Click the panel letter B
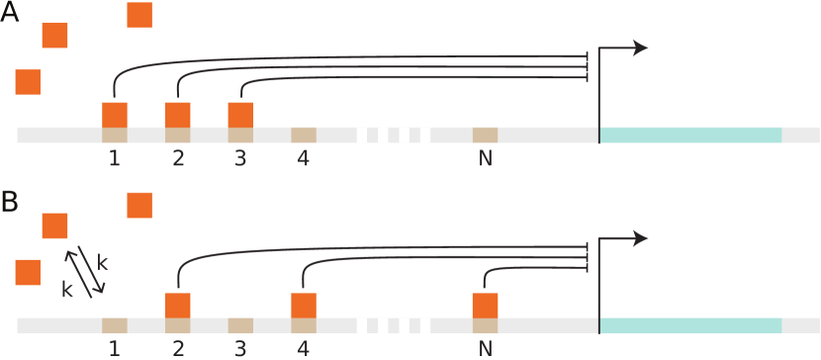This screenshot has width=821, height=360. [11, 203]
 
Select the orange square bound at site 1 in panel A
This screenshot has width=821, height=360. [115, 114]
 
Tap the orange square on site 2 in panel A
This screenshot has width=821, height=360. [178, 114]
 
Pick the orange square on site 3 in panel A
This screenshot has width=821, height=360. [240, 114]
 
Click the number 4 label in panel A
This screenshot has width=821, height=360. [304, 158]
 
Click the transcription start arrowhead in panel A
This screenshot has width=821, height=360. [641, 47]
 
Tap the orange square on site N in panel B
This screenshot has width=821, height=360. [485, 305]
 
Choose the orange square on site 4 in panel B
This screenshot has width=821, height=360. [304, 305]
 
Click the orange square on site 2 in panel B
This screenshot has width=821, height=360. [178, 305]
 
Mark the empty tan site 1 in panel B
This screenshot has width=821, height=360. [115, 325]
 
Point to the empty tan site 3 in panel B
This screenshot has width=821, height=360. [240, 325]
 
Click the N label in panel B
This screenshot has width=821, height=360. [485, 348]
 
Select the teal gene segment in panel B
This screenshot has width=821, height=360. [690, 325]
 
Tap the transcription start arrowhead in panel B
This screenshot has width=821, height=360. [641, 237]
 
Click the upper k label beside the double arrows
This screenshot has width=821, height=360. [103, 261]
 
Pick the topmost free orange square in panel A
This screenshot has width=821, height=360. [139, 16]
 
